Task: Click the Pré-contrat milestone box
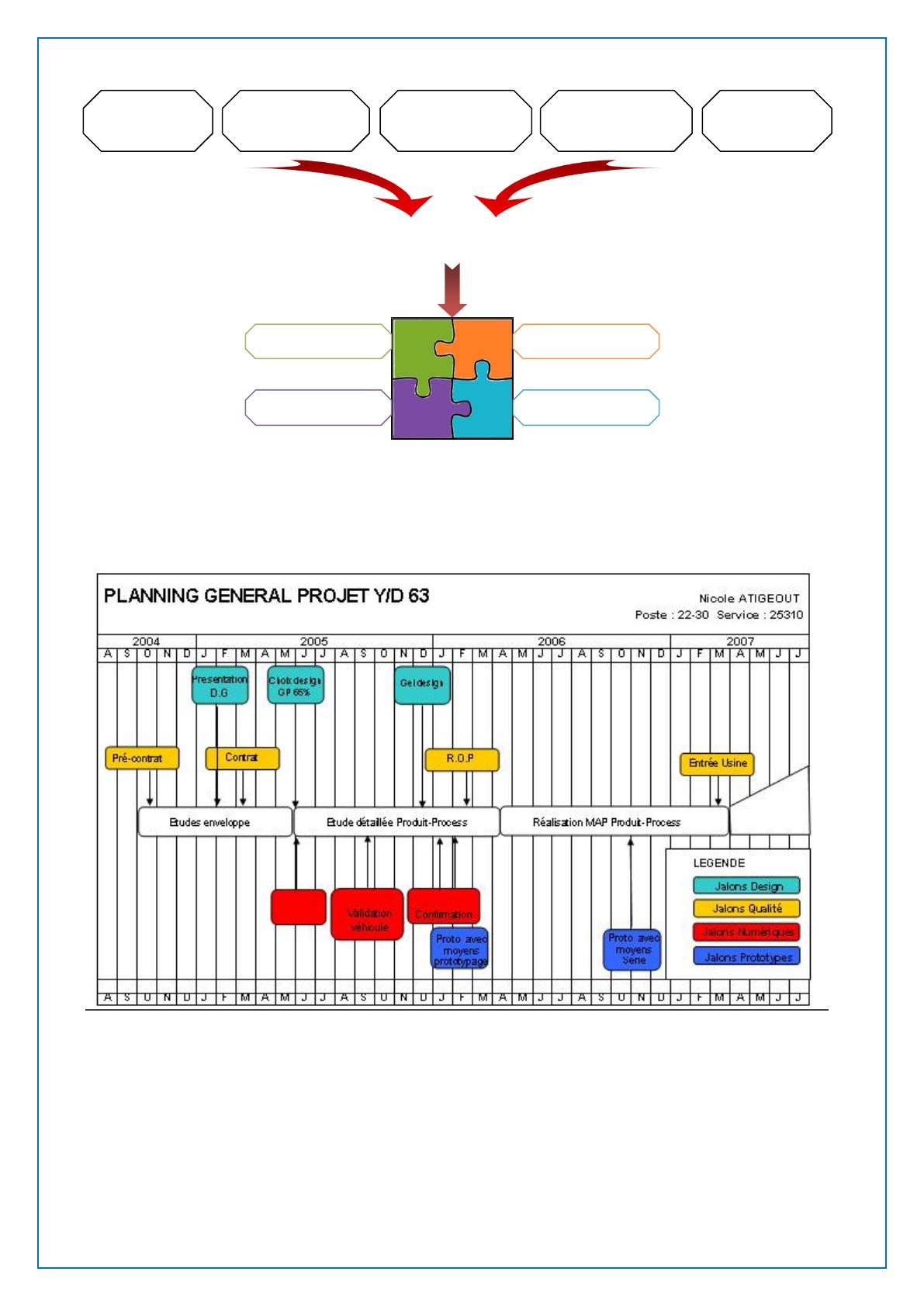coord(142,758)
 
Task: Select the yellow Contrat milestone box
coord(242,758)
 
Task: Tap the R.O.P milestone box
coord(462,759)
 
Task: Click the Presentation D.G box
coord(220,686)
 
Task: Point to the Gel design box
coord(422,686)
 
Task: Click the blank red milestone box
coord(298,907)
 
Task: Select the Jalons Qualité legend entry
coord(746,908)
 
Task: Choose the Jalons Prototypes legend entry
coord(746,957)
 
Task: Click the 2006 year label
coord(551,641)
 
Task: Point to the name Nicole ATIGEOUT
coord(749,598)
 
